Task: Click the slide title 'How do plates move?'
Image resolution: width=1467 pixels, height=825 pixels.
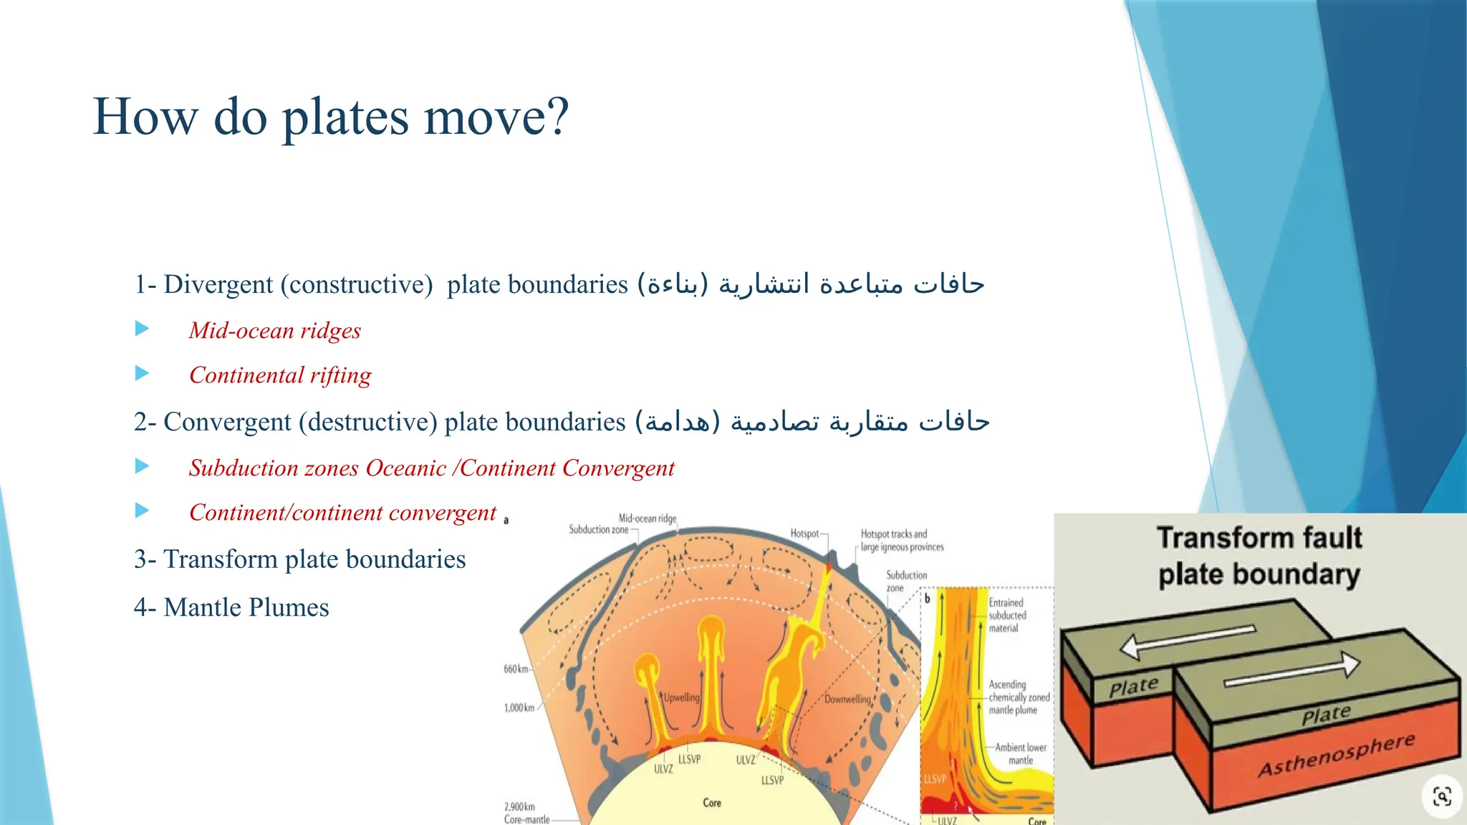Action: point(330,117)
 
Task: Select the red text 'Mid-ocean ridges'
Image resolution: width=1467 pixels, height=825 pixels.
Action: point(274,331)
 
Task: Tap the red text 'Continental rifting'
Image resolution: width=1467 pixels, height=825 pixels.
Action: point(280,375)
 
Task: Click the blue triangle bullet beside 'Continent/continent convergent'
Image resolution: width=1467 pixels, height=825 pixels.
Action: point(143,511)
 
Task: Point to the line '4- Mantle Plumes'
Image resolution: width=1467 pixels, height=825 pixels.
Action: point(231,607)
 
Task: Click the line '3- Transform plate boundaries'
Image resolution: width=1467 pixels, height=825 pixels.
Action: point(299,559)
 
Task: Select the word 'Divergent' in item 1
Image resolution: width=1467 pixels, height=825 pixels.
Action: point(218,285)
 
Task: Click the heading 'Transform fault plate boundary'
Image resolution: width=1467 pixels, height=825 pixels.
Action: point(1259,556)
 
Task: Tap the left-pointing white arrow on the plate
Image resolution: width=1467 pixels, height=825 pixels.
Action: point(1185,640)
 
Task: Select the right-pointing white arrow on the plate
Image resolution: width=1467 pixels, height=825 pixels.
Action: point(1292,671)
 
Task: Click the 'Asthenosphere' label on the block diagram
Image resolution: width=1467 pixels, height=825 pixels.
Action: point(1337,755)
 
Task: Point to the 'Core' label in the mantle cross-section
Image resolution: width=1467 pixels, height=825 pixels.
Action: point(711,803)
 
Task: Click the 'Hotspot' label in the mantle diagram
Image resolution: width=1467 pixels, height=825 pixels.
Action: point(804,534)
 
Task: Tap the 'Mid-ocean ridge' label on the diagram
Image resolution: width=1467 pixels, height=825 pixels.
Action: point(647,518)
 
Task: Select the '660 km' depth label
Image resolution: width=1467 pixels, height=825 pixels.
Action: point(516,669)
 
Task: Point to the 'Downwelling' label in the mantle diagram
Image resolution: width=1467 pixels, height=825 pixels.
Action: point(847,699)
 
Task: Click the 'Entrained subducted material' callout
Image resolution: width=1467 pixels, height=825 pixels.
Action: point(1007,615)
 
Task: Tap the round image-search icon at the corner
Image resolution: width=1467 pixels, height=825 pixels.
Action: point(1441,796)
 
